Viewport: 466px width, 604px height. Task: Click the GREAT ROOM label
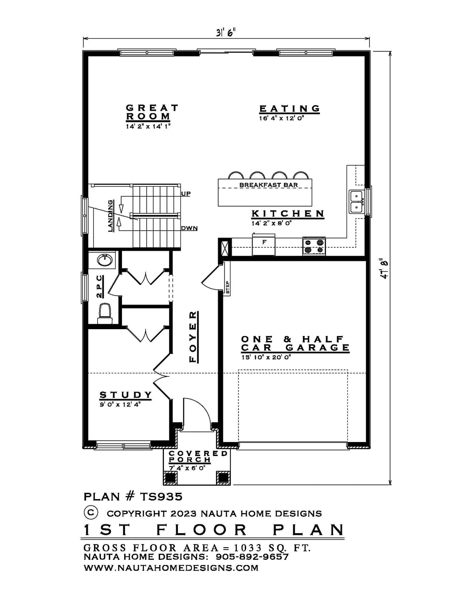pyautogui.click(x=152, y=112)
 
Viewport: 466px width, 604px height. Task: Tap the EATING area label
pyautogui.click(x=289, y=109)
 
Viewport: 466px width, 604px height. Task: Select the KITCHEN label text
pyautogui.click(x=288, y=214)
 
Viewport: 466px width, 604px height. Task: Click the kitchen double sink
pyautogui.click(x=356, y=201)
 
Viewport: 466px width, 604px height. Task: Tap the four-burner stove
pyautogui.click(x=314, y=246)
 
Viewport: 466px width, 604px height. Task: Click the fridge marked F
pyautogui.click(x=264, y=245)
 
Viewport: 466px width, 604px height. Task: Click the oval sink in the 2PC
pyautogui.click(x=105, y=260)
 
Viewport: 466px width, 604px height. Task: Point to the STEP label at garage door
pyautogui.click(x=227, y=288)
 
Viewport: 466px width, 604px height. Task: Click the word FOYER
pyautogui.click(x=193, y=337)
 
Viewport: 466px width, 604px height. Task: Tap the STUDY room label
pyautogui.click(x=126, y=395)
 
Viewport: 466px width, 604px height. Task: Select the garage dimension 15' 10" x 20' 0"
pyautogui.click(x=266, y=358)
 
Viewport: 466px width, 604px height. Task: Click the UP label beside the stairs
pyautogui.click(x=186, y=193)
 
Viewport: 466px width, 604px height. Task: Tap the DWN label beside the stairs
pyautogui.click(x=189, y=229)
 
